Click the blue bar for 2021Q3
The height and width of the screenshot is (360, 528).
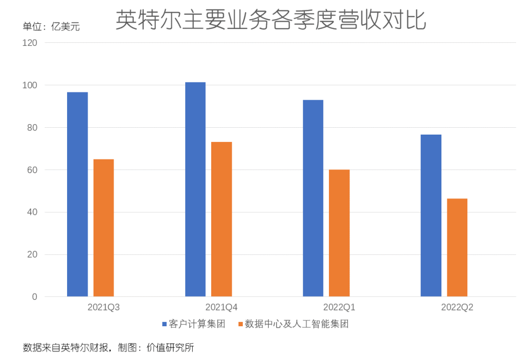click(x=77, y=194)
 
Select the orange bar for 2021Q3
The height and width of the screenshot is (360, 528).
click(x=103, y=228)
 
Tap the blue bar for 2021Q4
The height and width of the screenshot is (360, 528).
click(x=195, y=190)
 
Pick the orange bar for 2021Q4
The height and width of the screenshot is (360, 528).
click(x=221, y=219)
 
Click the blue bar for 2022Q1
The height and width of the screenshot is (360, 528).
click(x=313, y=198)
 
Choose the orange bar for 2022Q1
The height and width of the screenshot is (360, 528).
click(x=339, y=233)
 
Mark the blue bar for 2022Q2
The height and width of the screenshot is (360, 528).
click(x=431, y=215)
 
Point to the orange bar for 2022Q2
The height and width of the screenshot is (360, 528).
click(x=457, y=248)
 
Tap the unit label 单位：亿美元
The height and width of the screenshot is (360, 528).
click(x=51, y=26)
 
